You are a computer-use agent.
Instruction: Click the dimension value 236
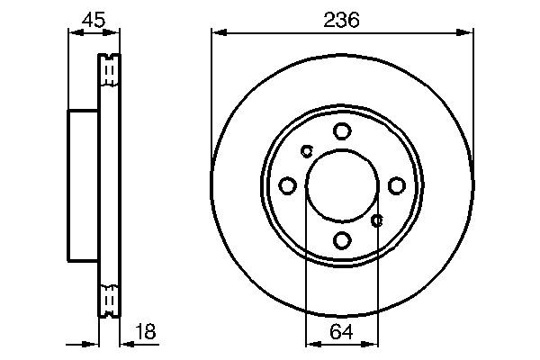[342, 19]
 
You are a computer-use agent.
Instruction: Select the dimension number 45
[94, 19]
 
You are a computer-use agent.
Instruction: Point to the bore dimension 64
[342, 331]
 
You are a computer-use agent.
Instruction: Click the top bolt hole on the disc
[342, 131]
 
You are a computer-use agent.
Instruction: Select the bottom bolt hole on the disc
[342, 240]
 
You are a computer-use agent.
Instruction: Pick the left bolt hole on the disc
[288, 185]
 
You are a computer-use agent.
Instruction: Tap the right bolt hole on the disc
[397, 185]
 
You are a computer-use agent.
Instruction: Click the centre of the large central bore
[342, 185]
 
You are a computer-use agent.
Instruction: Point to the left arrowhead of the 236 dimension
[217, 33]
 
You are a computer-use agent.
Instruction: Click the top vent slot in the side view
[109, 70]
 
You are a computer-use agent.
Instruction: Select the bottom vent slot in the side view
[109, 301]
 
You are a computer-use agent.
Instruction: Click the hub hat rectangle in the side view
[83, 185]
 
